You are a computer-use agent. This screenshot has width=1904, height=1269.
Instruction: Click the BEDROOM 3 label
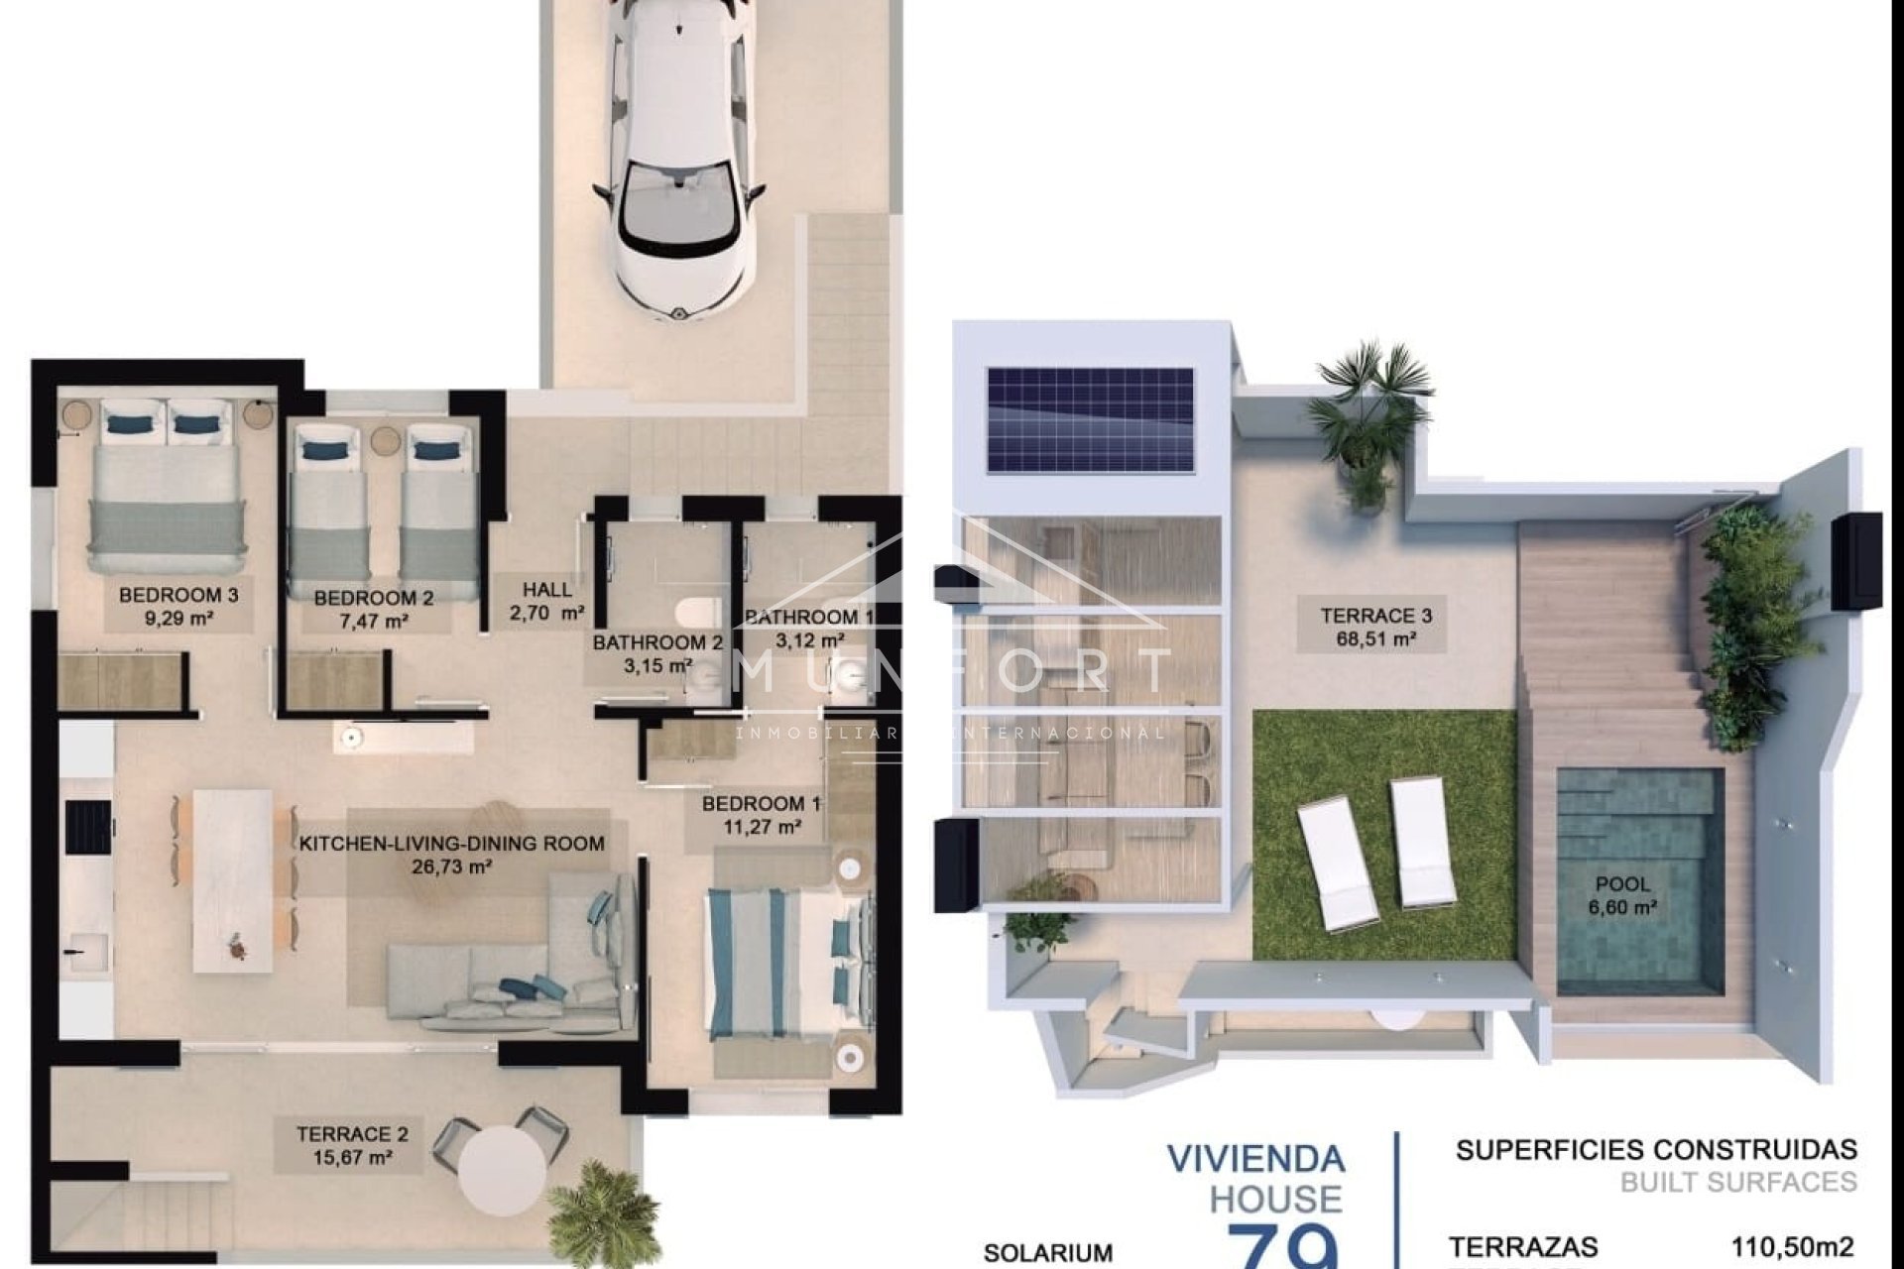point(178,595)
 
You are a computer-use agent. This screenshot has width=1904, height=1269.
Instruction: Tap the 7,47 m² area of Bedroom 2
point(373,622)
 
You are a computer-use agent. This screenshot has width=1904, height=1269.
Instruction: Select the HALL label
point(547,590)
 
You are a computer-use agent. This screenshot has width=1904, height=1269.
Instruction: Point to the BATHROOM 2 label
point(657,642)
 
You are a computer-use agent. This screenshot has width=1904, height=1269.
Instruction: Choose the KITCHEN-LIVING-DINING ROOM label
point(452,844)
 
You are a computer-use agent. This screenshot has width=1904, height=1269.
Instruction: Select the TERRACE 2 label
point(352,1134)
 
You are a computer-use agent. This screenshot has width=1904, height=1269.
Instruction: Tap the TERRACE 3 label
point(1375,616)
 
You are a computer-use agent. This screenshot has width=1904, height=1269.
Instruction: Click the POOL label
point(1623,884)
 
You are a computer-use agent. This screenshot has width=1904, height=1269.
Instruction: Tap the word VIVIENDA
point(1255,1158)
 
